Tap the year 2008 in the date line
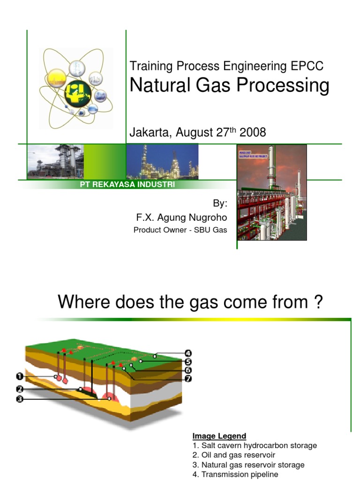pyautogui.click(x=253, y=133)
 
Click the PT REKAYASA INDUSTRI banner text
pyautogui.click(x=128, y=185)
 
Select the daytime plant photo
pyautogui.click(x=55, y=161)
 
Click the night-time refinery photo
pyautogui.click(x=162, y=161)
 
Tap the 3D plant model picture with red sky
pyautogui.click(x=272, y=192)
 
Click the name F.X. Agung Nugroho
pyautogui.click(x=181, y=217)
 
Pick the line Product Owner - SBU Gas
pyautogui.click(x=180, y=230)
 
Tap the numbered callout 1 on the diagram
pyautogui.click(x=20, y=376)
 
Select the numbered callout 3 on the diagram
pyautogui.click(x=20, y=399)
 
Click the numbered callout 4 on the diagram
pyautogui.click(x=188, y=353)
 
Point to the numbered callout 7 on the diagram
pyautogui.click(x=188, y=378)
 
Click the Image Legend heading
pyautogui.click(x=219, y=436)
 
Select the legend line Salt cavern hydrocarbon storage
pyautogui.click(x=255, y=445)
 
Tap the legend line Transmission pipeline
pyautogui.click(x=235, y=474)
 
